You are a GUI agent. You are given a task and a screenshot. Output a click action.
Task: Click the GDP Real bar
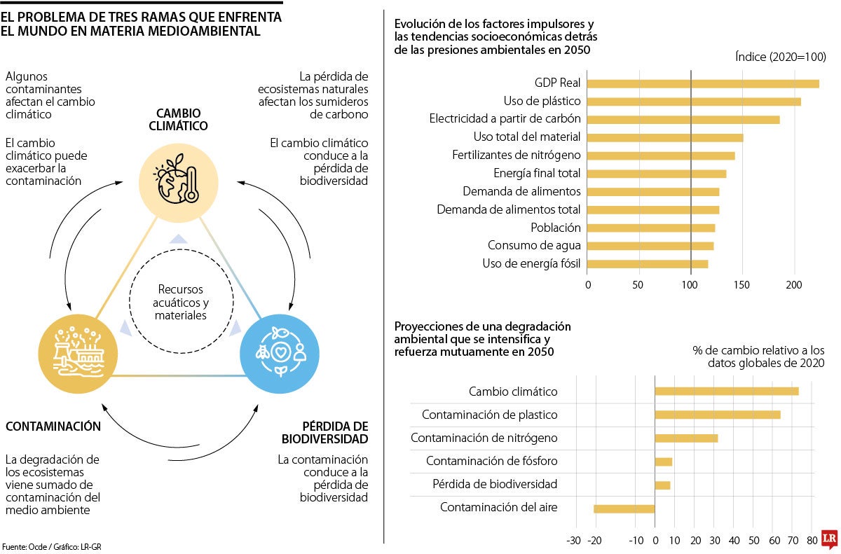pos(703,83)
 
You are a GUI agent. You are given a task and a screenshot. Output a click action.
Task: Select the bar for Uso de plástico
pos(694,102)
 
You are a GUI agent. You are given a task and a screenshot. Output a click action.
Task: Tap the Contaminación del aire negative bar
pos(624,508)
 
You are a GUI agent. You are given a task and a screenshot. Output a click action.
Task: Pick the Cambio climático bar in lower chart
pos(727,392)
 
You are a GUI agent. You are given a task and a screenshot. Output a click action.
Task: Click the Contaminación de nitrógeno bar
pos(686,438)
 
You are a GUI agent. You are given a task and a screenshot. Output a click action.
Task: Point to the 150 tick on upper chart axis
pos(742,285)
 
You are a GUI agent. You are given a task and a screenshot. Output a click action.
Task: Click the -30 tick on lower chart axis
pos(573,541)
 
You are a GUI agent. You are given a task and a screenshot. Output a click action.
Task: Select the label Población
pos(556,228)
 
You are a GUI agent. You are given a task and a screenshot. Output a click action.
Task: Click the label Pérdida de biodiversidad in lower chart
pos(495,485)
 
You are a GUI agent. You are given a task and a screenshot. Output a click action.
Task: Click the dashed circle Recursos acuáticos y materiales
pos(182,302)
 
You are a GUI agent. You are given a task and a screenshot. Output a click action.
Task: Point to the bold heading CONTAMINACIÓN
pos(53,427)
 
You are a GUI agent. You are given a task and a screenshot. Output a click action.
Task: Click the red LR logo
pos(829,538)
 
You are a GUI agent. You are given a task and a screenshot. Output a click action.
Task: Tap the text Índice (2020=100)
pos(781,57)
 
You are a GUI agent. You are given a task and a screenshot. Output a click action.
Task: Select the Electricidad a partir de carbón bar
pos(683,120)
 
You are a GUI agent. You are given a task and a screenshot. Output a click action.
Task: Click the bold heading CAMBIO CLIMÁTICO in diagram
pos(182,120)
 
